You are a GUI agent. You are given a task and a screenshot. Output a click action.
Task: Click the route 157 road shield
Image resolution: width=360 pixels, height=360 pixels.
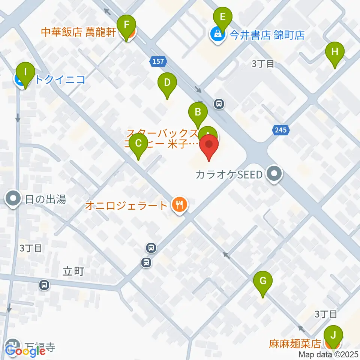158,61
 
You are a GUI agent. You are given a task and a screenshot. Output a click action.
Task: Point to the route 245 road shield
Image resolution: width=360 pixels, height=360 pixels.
282,130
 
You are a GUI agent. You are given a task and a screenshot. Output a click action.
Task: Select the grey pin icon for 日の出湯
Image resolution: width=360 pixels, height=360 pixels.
14,198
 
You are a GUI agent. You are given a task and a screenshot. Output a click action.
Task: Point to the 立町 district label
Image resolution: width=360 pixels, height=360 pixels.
73,271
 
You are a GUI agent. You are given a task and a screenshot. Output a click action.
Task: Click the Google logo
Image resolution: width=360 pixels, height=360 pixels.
25,351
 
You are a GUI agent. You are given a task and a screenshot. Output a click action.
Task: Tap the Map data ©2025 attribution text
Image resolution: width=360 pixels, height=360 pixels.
328,354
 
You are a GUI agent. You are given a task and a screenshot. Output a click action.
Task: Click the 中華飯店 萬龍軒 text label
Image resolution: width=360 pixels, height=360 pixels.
78,32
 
